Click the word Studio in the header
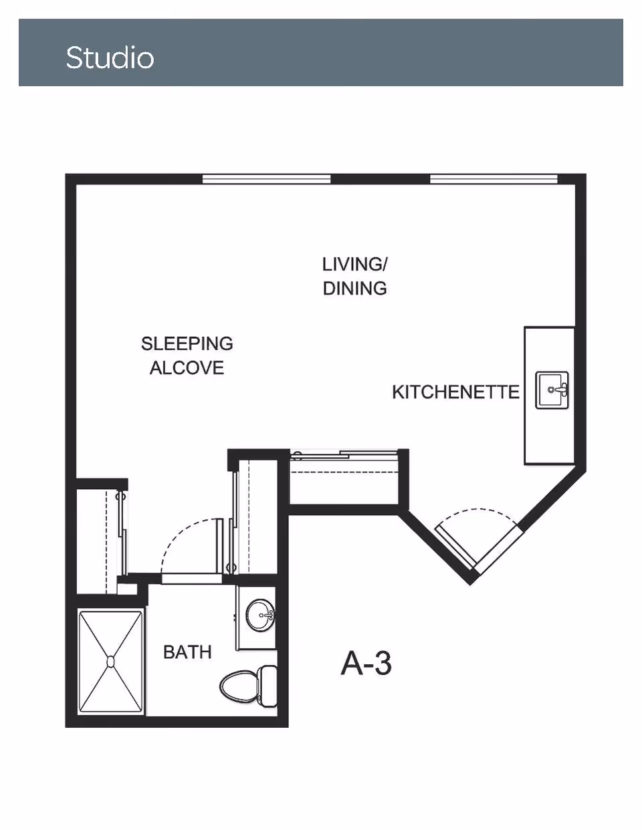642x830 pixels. [110, 57]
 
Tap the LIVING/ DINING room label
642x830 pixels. [354, 276]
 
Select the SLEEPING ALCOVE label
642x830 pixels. [187, 356]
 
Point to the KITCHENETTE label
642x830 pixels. [455, 392]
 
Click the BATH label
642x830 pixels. [187, 652]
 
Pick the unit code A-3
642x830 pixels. [366, 663]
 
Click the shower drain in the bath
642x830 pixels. [110, 662]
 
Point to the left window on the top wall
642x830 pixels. [266, 179]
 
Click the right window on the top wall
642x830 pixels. [494, 179]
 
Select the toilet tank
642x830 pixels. [269, 685]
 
